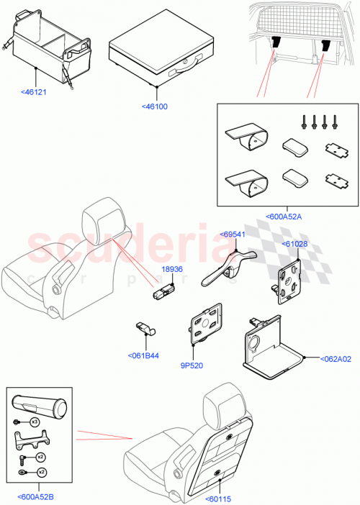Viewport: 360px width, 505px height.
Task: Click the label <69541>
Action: (233, 234)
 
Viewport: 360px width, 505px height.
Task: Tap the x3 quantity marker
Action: (34, 422)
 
